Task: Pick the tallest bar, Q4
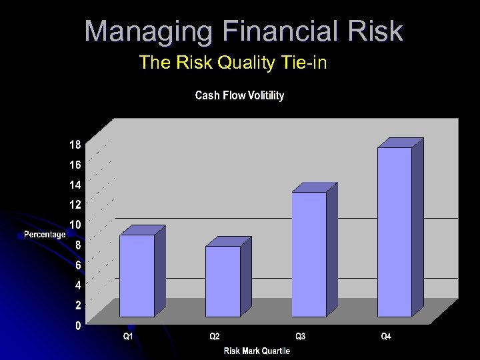tap(395, 231)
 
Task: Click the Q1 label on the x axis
tap(128, 337)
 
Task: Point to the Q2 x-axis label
tap(214, 337)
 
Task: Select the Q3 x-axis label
tap(300, 337)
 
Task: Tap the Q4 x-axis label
tap(386, 337)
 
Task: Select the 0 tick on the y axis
tap(78, 326)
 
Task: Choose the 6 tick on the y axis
tap(78, 265)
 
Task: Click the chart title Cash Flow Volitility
tap(239, 96)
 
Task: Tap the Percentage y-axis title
tap(45, 234)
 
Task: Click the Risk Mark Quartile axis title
tap(257, 351)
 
